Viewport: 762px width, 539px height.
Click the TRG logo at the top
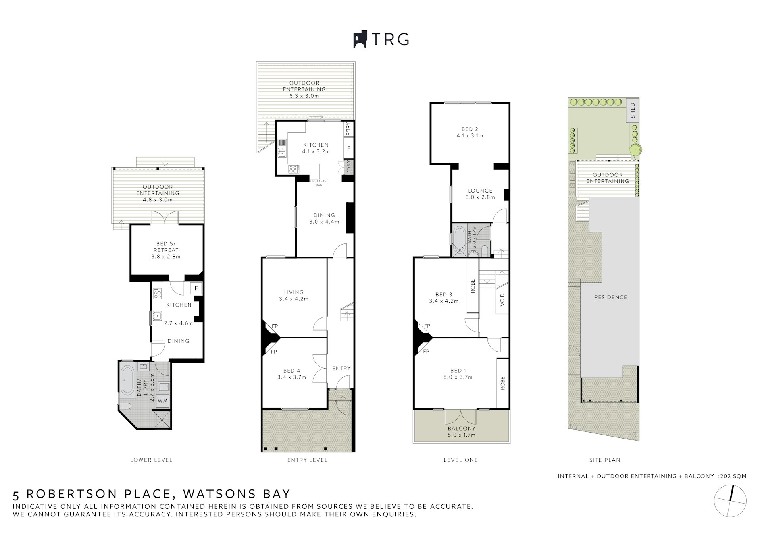click(381, 39)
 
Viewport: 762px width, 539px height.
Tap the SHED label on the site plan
click(633, 110)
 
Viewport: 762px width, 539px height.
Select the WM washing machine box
click(163, 401)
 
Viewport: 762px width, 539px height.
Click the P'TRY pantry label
click(348, 129)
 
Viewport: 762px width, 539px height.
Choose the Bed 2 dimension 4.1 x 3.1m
click(470, 135)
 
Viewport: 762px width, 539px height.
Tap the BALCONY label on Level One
click(462, 429)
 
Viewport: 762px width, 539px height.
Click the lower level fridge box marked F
click(196, 288)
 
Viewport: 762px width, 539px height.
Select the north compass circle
click(730, 501)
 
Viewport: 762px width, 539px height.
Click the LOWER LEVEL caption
click(151, 460)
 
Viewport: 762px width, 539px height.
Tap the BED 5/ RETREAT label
click(166, 247)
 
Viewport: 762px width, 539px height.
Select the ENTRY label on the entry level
click(341, 368)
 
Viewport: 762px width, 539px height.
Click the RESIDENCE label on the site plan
click(611, 297)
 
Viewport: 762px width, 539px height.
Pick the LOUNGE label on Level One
click(480, 191)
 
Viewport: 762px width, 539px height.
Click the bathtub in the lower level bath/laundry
click(127, 381)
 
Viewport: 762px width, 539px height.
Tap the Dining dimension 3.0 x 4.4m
click(324, 222)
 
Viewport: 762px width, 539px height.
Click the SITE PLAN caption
click(605, 460)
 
